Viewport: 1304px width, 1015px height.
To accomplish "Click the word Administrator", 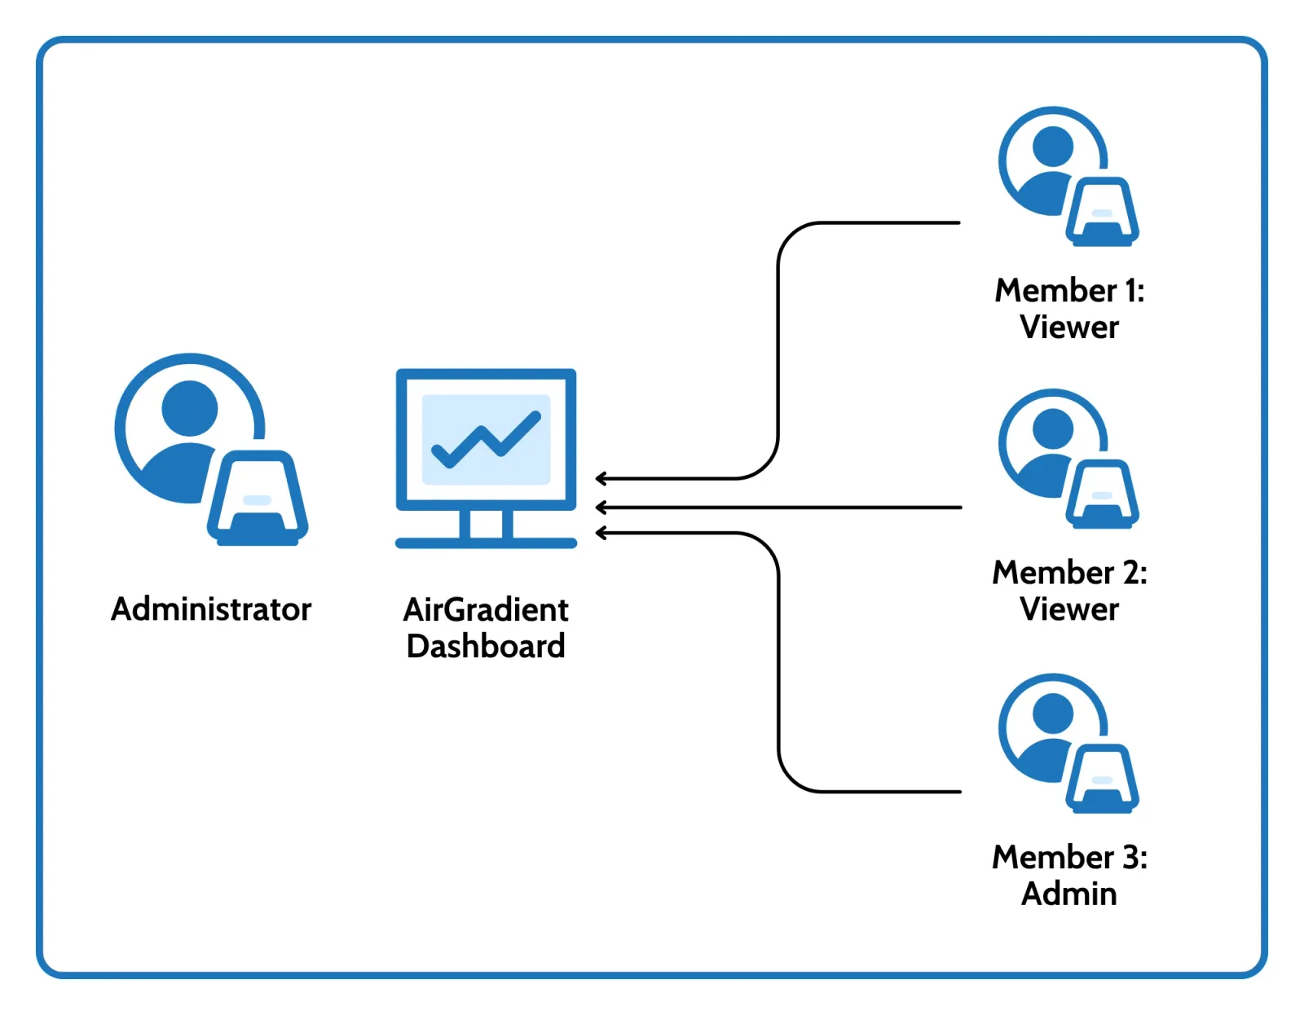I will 211,609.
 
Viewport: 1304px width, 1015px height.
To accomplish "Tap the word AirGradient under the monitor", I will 486,609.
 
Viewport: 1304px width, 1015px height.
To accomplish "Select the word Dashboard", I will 486,646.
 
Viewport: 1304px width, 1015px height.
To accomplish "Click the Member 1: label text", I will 1069,291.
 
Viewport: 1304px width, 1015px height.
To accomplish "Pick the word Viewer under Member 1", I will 1069,327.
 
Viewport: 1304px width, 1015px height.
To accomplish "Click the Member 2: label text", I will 1069,573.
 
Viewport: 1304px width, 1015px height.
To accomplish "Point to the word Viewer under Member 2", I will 1069,609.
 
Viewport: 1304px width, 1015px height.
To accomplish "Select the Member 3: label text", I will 1069,857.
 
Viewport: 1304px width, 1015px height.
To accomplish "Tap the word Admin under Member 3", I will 1069,894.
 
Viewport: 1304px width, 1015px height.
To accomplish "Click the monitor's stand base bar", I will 486,543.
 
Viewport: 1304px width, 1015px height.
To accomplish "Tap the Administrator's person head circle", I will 190,408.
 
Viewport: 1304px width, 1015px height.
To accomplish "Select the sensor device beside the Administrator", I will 258,499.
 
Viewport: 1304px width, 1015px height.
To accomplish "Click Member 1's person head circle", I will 1053,147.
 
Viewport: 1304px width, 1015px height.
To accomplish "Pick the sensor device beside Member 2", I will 1102,494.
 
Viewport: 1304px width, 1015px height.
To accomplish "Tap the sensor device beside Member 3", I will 1102,779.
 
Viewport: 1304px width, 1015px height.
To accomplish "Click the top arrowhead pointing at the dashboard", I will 601,478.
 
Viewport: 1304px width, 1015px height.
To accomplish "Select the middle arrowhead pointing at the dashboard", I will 601,507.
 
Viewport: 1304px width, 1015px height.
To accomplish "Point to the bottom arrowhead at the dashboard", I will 601,533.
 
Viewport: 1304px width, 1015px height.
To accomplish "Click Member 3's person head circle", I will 1053,714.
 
